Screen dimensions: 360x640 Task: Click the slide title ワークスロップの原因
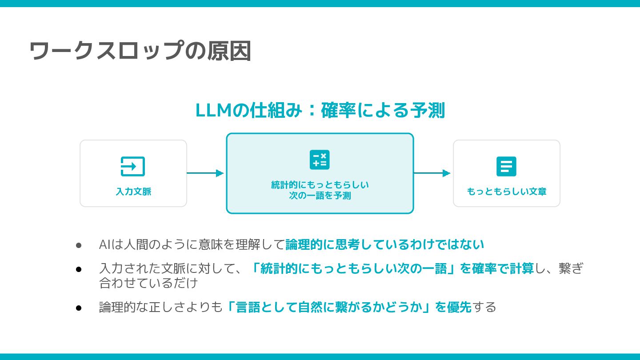[140, 51]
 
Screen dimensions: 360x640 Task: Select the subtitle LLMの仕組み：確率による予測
[320, 111]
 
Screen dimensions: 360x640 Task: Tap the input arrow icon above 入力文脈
[133, 167]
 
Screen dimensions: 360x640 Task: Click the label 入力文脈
[133, 192]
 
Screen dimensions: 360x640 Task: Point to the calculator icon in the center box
[320, 160]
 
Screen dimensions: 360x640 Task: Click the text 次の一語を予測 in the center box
[320, 196]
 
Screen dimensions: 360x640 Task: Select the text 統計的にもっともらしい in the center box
[320, 185]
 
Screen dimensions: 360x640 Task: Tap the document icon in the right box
[506, 167]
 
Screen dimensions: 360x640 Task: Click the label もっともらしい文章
[507, 192]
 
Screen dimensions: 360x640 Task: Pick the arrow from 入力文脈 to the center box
[205, 173]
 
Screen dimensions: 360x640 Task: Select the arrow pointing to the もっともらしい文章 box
[432, 173]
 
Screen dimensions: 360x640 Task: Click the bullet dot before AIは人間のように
[79, 245]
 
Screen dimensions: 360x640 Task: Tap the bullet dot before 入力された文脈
[79, 269]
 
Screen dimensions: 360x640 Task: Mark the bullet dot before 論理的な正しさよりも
[79, 308]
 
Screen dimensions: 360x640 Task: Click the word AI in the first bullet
[104, 244]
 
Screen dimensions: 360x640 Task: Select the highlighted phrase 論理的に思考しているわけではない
[385, 244]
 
